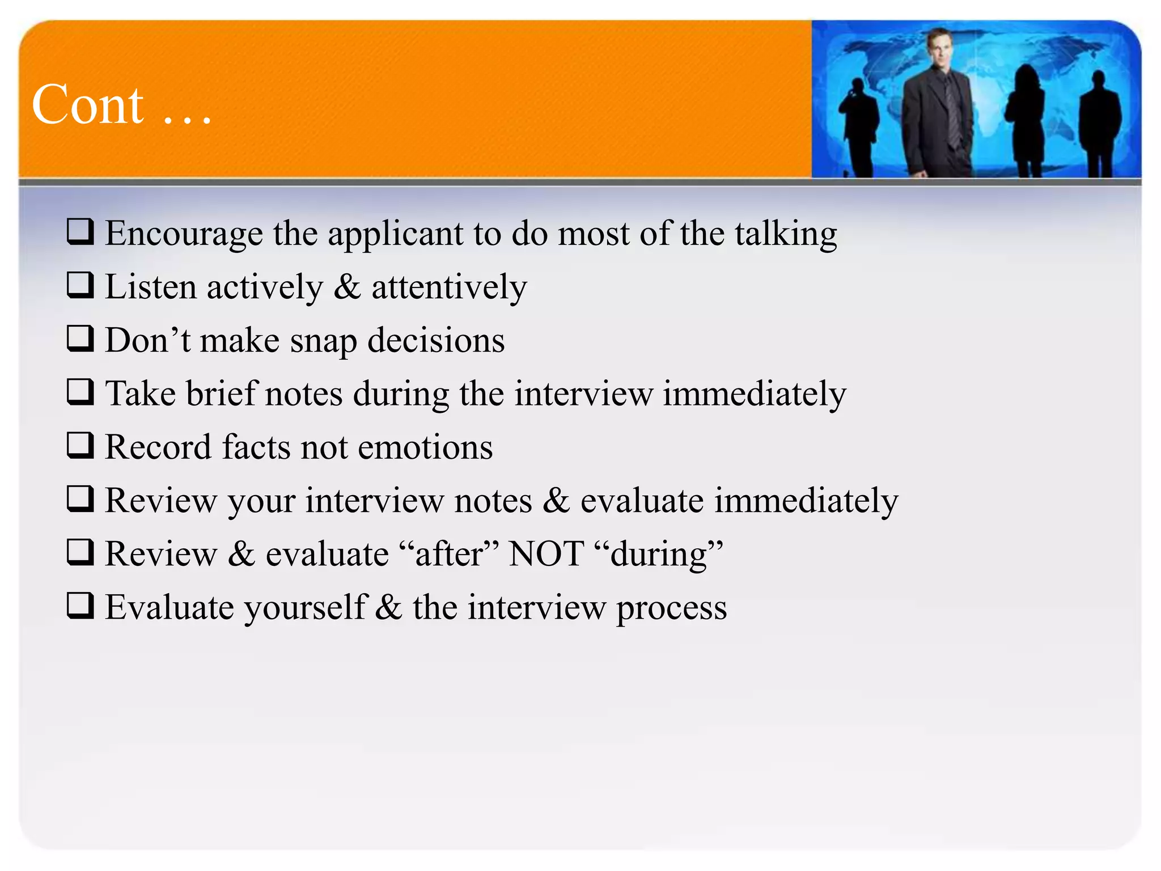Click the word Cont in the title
(x=88, y=105)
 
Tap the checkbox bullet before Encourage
(x=80, y=232)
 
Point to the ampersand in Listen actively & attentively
(x=347, y=287)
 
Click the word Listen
(x=150, y=287)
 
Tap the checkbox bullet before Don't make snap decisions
(x=80, y=339)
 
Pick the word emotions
(x=425, y=447)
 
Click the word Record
(x=158, y=447)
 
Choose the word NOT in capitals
(x=546, y=554)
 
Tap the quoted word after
(x=448, y=554)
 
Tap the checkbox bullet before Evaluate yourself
(x=80, y=605)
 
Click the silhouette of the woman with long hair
(x=1026, y=119)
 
